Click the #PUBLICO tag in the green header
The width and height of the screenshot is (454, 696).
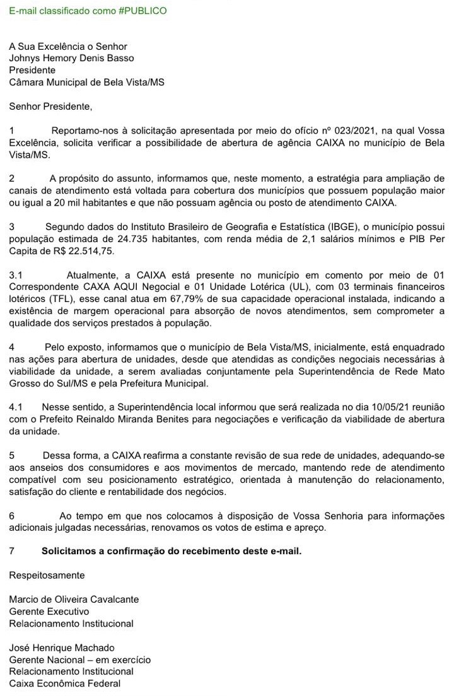pos(143,11)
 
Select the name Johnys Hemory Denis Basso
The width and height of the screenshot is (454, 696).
pos(71,59)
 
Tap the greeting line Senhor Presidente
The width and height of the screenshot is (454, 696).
pos(50,107)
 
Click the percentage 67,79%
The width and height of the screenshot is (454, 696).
pos(188,299)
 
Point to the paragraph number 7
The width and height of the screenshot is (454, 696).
pos(12,551)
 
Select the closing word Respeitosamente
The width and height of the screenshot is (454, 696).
pos(47,575)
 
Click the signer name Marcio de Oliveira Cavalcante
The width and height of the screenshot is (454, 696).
pos(74,599)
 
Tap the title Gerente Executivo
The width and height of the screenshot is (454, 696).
pos(49,611)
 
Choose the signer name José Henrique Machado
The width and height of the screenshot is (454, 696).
pos(62,647)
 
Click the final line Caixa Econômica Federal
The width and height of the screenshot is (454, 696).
pos(64,683)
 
